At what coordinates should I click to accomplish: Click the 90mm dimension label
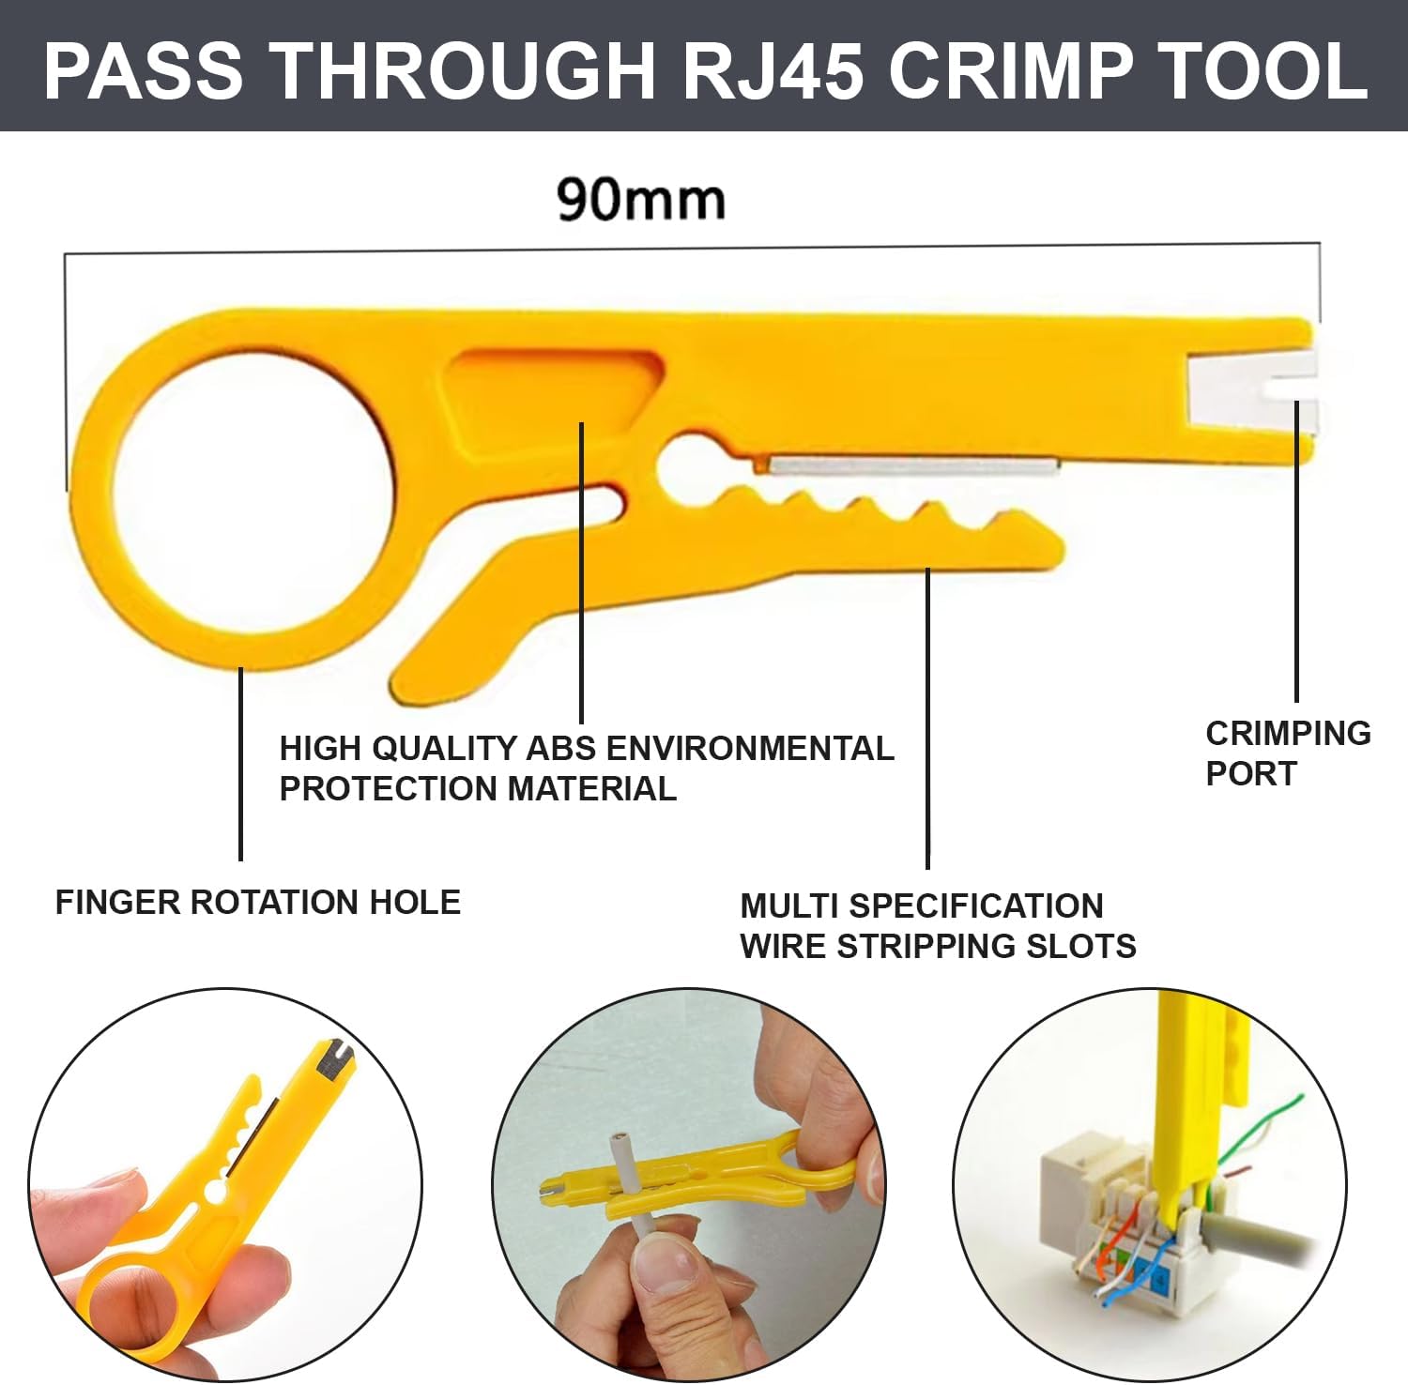pos(641,199)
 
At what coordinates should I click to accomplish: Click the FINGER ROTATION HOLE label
pos(258,903)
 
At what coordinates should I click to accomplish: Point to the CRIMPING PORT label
pos(1288,753)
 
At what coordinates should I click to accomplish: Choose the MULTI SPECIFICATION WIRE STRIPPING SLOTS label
pos(938,926)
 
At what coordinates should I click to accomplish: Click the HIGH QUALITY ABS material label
pos(587,769)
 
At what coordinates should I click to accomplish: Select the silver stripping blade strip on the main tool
pos(914,465)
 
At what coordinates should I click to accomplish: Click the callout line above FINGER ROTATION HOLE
pos(241,763)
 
